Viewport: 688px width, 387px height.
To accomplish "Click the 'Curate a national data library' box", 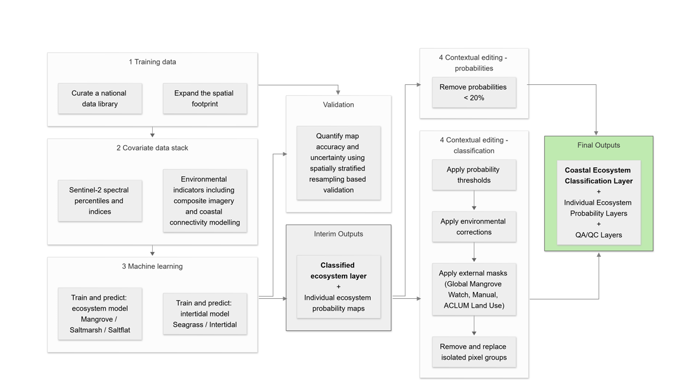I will [x=100, y=98].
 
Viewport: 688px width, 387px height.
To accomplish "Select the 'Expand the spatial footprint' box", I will [x=205, y=98].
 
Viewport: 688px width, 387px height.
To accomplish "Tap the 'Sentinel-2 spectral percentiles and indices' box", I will [x=100, y=200].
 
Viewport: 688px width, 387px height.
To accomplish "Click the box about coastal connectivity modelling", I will [x=205, y=200].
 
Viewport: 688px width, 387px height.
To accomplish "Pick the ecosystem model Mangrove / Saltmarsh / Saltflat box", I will [x=100, y=313].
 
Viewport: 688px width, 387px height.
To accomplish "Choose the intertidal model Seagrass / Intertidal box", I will [x=205, y=313].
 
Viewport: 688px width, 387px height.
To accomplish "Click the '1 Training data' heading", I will [x=152, y=62].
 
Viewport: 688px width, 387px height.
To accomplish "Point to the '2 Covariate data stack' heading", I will [x=152, y=148].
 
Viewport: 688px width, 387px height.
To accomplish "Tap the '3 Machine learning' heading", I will [x=152, y=266].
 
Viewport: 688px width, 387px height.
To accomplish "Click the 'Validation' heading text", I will [x=339, y=105].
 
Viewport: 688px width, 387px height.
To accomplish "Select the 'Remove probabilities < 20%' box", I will [x=474, y=92].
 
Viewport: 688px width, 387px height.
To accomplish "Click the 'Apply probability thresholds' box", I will [x=474, y=175].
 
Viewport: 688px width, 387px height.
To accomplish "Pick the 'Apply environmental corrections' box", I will [x=474, y=226].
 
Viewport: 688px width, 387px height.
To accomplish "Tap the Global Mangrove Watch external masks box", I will [x=474, y=289].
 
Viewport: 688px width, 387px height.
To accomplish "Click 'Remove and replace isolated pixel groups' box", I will [x=474, y=352].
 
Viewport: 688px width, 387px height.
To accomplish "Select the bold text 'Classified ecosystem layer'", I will [x=339, y=270].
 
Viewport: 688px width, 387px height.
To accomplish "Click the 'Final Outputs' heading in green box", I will [x=599, y=145].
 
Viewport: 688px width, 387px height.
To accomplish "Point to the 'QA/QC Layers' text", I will [x=599, y=235].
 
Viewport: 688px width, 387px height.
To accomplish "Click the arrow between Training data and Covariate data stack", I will [x=153, y=132].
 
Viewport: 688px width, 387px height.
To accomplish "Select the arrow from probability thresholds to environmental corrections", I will [x=474, y=200].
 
